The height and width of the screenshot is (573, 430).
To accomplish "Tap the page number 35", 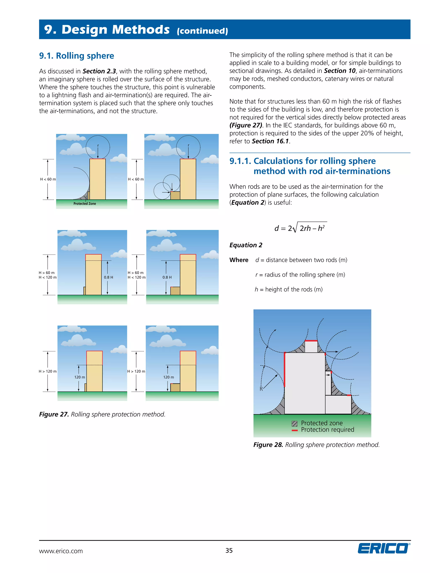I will pos(229,551).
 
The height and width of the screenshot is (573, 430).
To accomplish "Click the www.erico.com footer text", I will pos(61,551).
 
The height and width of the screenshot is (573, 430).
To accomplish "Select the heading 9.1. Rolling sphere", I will pos(76,56).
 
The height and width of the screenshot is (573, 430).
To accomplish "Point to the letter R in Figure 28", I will pos(261,389).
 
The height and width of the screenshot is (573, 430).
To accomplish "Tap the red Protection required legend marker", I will pos(294,430).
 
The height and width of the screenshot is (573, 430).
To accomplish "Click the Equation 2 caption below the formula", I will pos(246,245).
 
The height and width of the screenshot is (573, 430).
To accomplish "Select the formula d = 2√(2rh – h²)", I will pos(300,228).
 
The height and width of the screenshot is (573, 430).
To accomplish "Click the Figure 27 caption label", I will pos(54,414).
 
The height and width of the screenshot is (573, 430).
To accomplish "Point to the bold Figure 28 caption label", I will pos(268,445).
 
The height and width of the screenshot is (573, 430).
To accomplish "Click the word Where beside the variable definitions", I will pos(239,260).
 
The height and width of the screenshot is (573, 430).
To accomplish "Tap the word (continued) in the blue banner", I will pos(202,31).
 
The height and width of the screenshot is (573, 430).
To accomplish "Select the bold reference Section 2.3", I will pos(99,71).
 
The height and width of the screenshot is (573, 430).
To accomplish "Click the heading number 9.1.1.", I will pos(240,161).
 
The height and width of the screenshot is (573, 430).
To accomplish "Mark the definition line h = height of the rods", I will pos(288,289).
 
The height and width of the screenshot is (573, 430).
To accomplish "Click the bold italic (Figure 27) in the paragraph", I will pos(246,125).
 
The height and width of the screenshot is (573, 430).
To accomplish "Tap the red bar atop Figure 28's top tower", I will pos(311,341).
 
